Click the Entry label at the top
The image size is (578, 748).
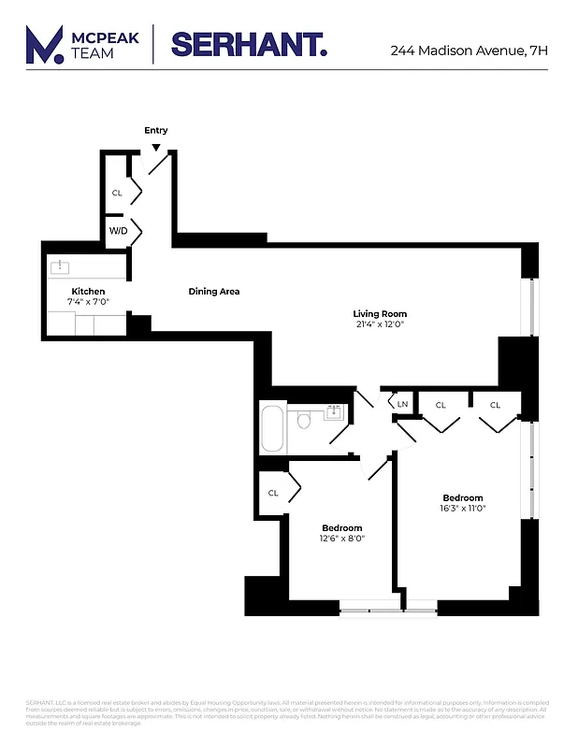[156, 130]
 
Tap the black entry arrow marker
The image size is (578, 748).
[156, 147]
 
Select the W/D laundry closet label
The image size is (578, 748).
[118, 229]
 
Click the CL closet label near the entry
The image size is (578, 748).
[117, 193]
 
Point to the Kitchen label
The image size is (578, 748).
[88, 292]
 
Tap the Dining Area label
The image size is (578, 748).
[214, 292]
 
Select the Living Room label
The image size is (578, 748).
[380, 313]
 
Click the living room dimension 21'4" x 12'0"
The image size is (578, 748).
[381, 324]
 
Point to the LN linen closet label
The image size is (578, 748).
[402, 404]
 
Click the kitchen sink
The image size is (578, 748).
[62, 267]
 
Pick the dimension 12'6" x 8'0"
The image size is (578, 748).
[341, 539]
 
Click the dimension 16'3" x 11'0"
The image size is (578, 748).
[463, 509]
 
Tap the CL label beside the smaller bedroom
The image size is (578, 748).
[273, 493]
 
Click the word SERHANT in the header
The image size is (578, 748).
[249, 45]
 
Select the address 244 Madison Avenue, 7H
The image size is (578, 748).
[469, 50]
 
